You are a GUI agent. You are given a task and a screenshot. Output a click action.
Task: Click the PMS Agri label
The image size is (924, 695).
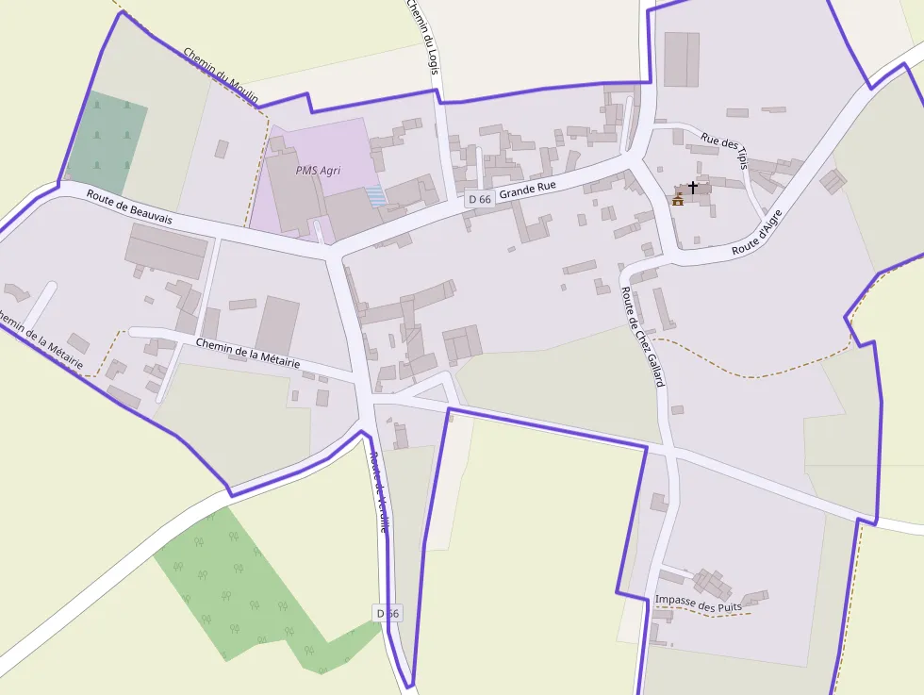317,171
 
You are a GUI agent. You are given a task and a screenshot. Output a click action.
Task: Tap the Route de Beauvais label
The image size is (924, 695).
129,207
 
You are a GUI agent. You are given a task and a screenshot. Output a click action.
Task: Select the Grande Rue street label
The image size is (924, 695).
527,189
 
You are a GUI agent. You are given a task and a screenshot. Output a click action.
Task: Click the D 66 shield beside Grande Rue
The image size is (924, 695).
479,199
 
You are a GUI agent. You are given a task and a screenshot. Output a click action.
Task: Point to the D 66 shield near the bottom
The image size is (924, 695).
388,613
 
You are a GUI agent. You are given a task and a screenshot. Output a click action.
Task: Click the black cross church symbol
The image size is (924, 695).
693,187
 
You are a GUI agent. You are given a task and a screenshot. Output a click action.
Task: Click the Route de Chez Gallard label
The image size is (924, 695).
643,337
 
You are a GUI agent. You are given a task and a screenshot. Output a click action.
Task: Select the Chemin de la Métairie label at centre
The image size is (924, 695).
248,351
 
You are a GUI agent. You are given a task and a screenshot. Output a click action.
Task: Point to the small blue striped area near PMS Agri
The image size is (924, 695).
375,195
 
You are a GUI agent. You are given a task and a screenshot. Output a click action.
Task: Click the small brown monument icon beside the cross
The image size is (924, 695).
678,199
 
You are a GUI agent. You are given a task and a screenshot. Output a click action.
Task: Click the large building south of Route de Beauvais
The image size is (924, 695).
167,250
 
